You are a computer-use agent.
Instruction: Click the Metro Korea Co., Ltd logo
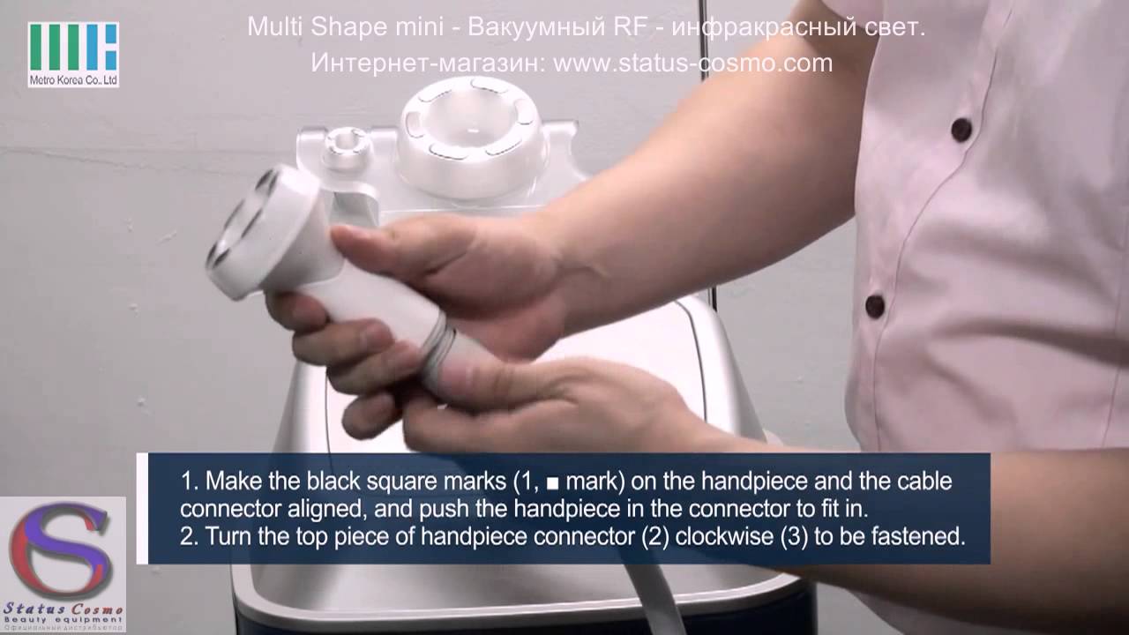[73, 54]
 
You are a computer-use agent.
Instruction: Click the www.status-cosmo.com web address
[693, 63]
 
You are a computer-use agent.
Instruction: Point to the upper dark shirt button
[961, 130]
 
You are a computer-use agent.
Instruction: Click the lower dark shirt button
[875, 306]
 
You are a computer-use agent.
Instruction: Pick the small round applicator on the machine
[343, 146]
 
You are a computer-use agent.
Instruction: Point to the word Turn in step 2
[221, 537]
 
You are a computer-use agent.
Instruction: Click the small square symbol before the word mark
[553, 484]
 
